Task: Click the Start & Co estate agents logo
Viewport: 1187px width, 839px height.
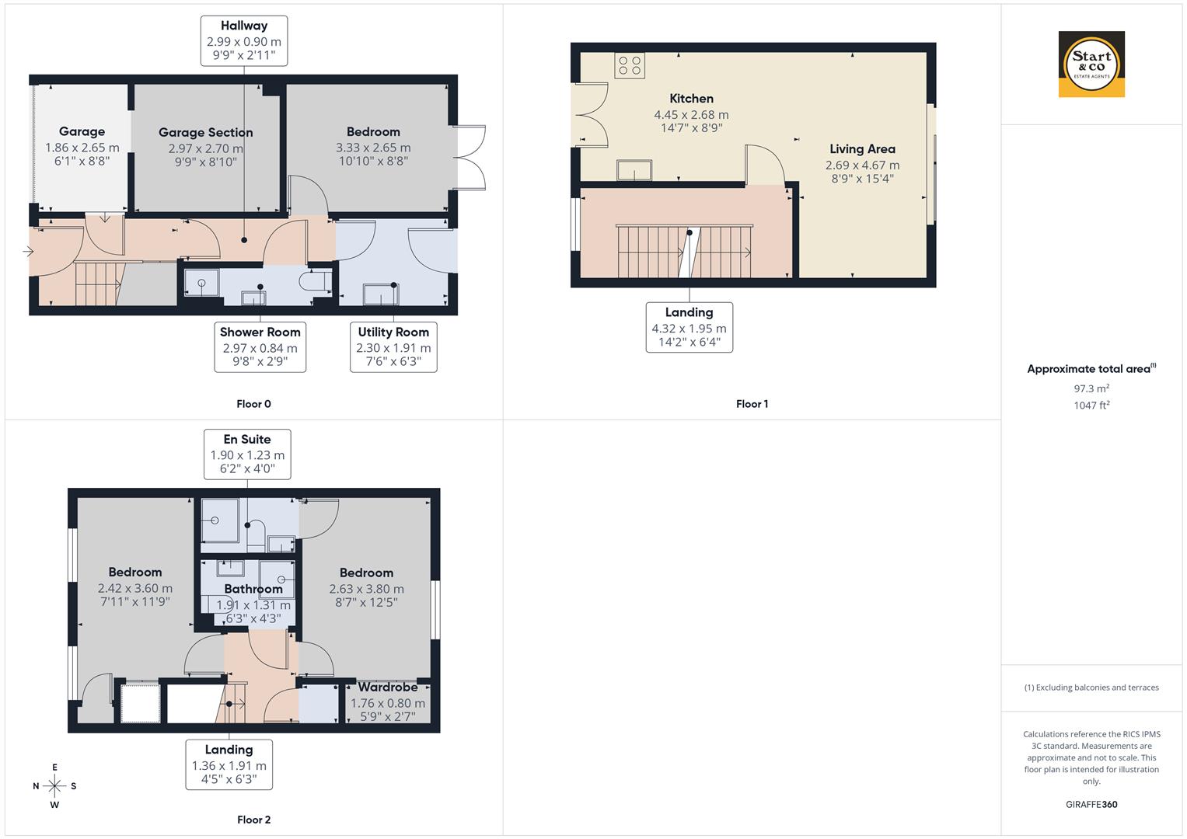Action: pyautogui.click(x=1091, y=64)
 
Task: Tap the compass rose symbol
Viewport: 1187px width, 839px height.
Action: pyautogui.click(x=54, y=785)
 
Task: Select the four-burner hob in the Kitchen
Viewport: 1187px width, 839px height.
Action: pyautogui.click(x=630, y=66)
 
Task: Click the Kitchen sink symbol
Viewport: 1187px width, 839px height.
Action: pyautogui.click(x=634, y=169)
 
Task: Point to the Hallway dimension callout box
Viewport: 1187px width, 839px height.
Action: pyautogui.click(x=243, y=40)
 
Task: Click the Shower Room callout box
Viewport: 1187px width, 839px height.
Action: pyautogui.click(x=260, y=347)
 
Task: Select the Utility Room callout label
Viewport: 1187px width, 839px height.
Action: pyautogui.click(x=393, y=347)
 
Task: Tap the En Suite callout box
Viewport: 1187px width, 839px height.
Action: pyautogui.click(x=247, y=454)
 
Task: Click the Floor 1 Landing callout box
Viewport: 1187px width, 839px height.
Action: pyautogui.click(x=689, y=327)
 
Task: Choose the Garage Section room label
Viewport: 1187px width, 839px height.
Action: pyautogui.click(x=205, y=133)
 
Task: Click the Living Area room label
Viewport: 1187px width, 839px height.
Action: pyautogui.click(x=862, y=149)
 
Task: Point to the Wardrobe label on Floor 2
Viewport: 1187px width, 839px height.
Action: pyautogui.click(x=387, y=688)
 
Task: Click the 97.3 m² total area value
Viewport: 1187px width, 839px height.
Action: pyautogui.click(x=1091, y=388)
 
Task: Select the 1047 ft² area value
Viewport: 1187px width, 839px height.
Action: pyautogui.click(x=1091, y=406)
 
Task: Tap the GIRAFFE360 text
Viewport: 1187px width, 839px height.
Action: pyautogui.click(x=1091, y=804)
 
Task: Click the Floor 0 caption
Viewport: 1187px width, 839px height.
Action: pyautogui.click(x=253, y=404)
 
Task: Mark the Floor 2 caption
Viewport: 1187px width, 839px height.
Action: pyautogui.click(x=253, y=820)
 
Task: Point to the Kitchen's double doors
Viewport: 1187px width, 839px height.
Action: pyautogui.click(x=589, y=115)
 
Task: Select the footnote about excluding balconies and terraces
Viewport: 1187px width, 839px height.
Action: pyautogui.click(x=1091, y=688)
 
